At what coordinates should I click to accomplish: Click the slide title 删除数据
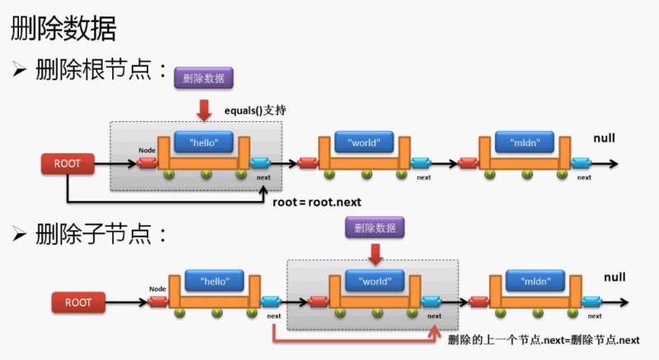click(63, 29)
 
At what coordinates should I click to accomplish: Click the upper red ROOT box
click(68, 163)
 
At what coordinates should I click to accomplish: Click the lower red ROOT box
click(79, 302)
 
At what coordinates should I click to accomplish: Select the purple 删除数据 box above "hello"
click(204, 78)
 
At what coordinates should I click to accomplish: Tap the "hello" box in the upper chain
click(204, 143)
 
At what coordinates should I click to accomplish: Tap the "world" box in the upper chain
click(362, 143)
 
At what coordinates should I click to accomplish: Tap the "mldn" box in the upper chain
click(524, 143)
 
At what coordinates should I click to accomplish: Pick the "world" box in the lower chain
click(376, 281)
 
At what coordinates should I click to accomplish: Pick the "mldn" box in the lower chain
click(536, 281)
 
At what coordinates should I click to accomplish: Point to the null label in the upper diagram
click(604, 138)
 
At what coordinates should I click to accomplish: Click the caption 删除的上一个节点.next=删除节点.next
click(544, 340)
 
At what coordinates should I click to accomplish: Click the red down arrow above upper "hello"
click(204, 108)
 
